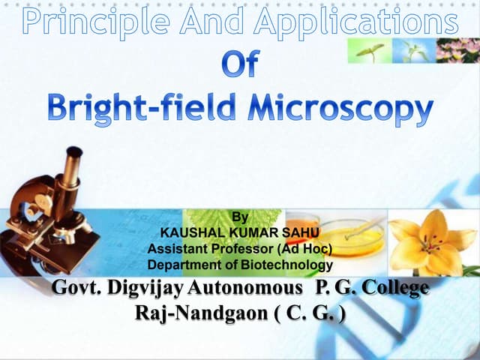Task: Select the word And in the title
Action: (217, 22)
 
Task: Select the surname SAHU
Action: (300, 234)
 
